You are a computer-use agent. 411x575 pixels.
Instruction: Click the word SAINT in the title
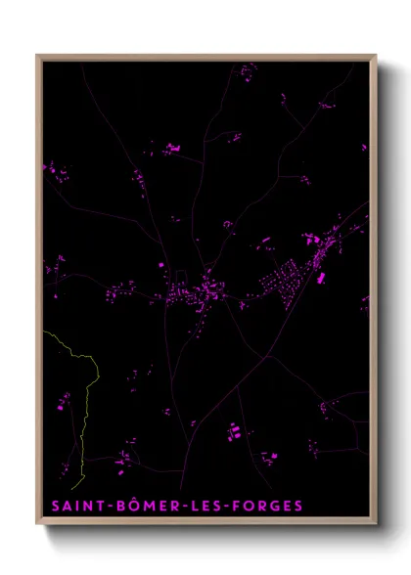pos(74,506)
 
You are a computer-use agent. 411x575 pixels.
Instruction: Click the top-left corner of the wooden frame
pos(37,56)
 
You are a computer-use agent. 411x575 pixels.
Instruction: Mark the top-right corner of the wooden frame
pos(376,56)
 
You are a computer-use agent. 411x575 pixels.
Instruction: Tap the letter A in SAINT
pos(66,506)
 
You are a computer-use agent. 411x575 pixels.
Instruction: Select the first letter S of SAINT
pos(54,506)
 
